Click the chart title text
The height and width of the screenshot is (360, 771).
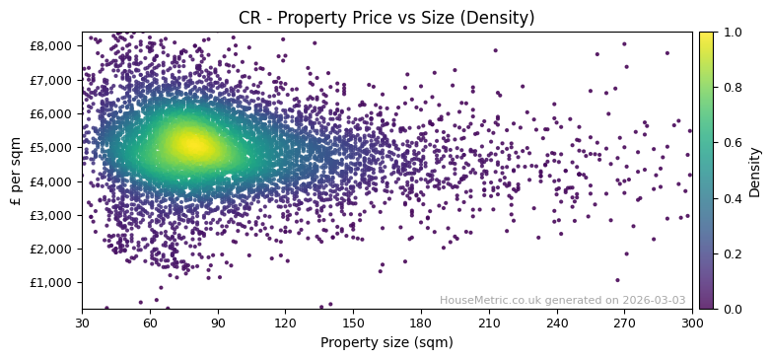pyautogui.click(x=386, y=18)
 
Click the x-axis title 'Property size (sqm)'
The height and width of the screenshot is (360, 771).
pyautogui.click(x=386, y=342)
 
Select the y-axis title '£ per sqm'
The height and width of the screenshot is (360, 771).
pyautogui.click(x=16, y=170)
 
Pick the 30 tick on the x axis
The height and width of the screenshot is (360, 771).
pyautogui.click(x=82, y=323)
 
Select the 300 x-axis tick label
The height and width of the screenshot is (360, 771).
pyautogui.click(x=692, y=323)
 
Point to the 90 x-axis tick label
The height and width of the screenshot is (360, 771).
pyautogui.click(x=218, y=323)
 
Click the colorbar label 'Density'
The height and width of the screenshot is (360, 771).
pyautogui.click(x=755, y=170)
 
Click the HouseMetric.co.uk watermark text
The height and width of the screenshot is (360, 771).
pyautogui.click(x=502, y=300)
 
